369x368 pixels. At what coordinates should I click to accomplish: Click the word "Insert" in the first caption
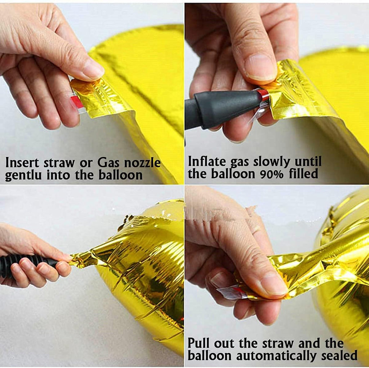[22, 162]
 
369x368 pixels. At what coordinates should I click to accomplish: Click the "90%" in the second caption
[272, 174]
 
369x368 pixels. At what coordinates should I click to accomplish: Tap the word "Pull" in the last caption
[199, 343]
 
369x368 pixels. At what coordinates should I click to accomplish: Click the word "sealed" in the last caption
[339, 355]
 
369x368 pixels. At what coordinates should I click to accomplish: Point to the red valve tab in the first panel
[77, 102]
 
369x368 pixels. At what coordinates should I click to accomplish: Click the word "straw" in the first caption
[59, 163]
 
